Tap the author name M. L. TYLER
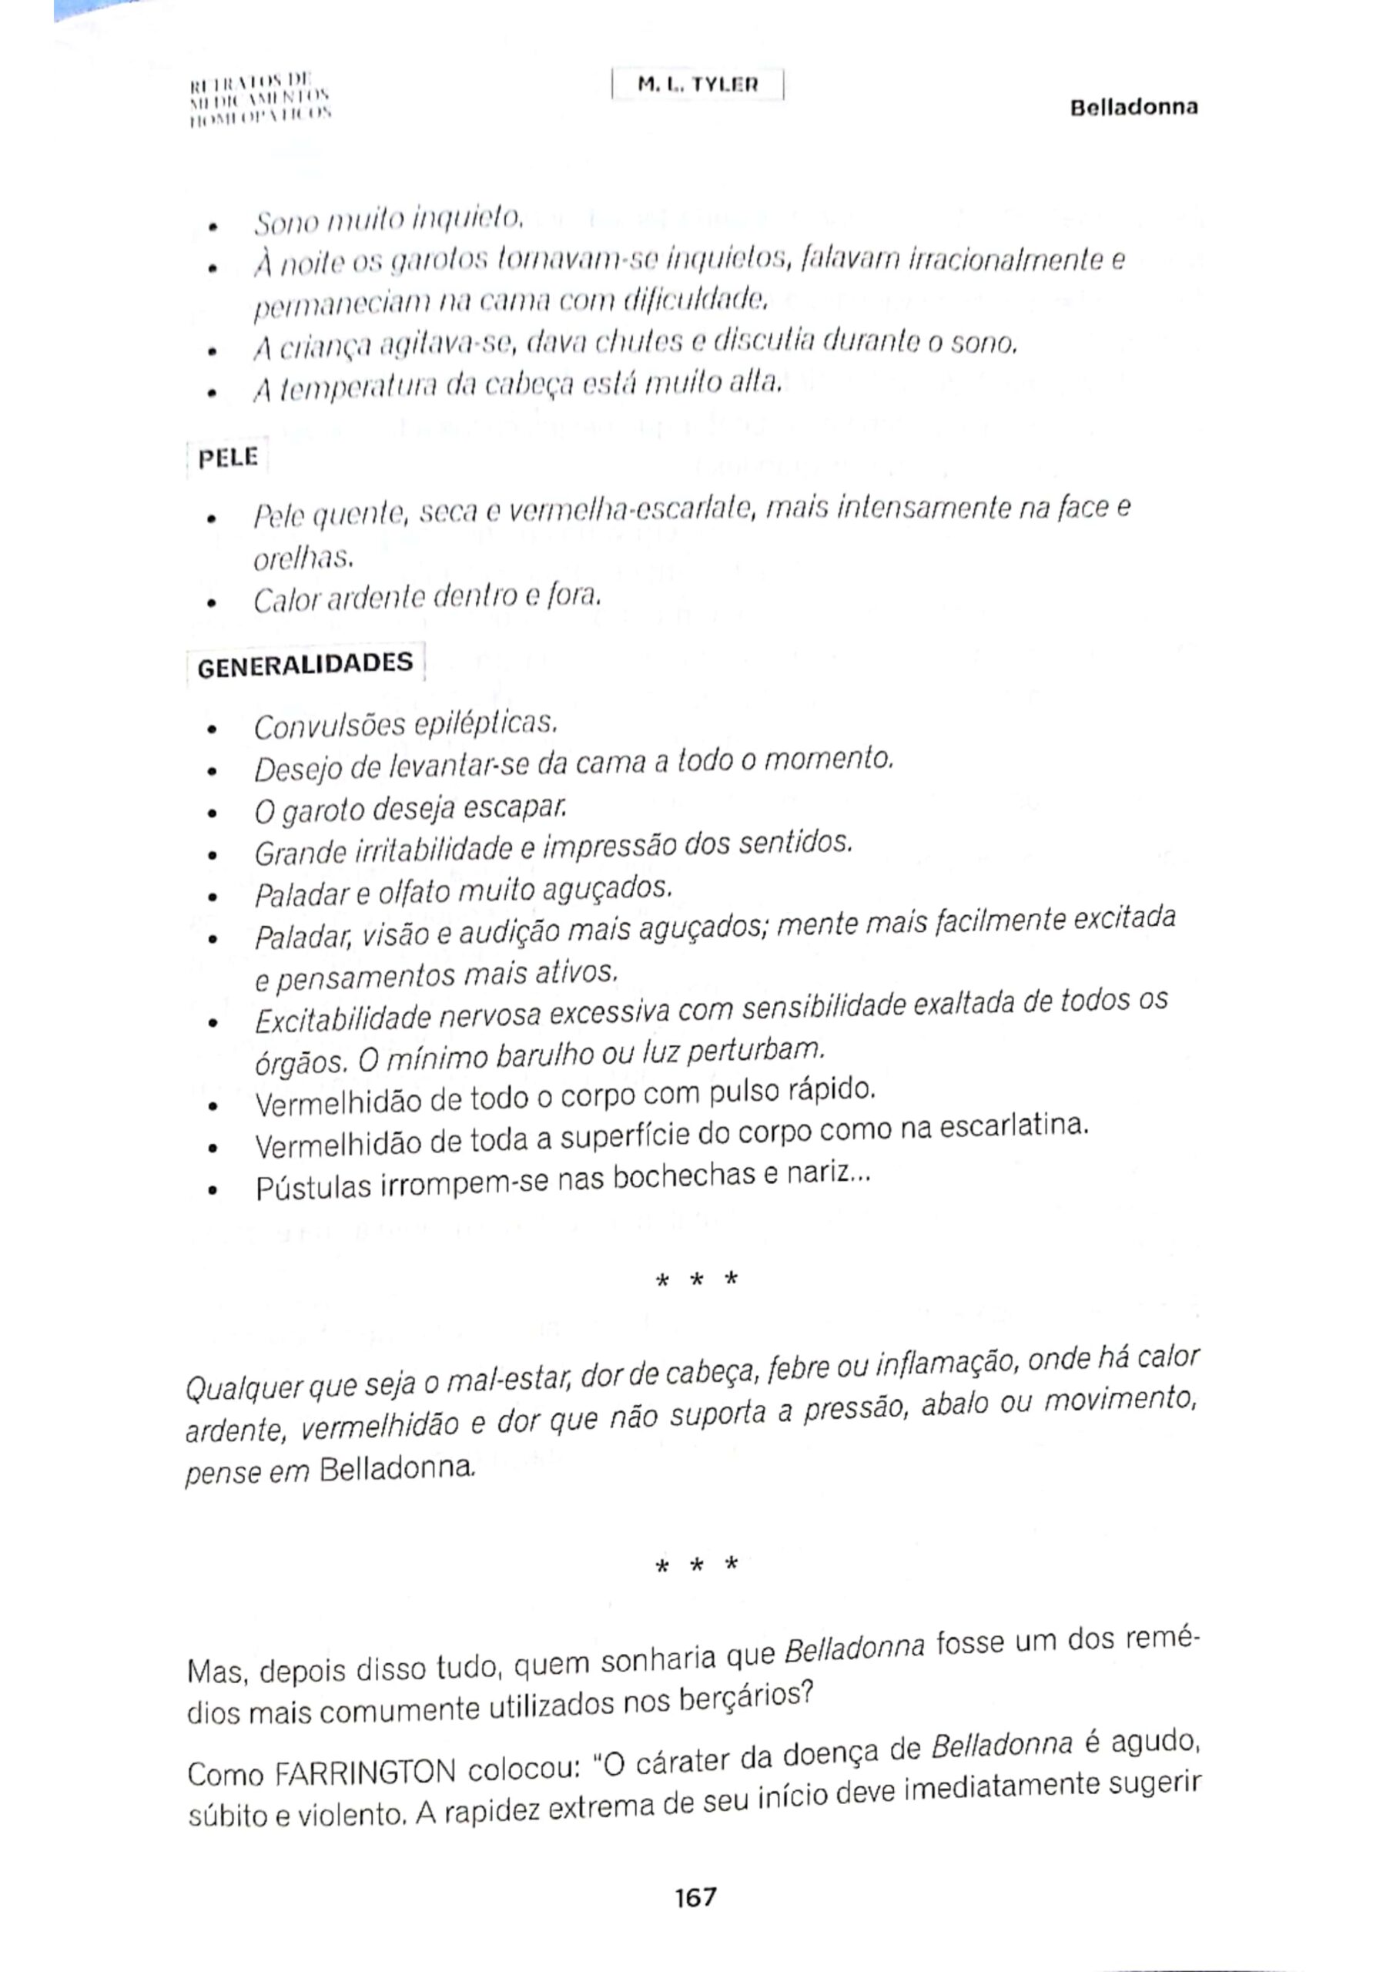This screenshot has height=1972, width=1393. coord(698,85)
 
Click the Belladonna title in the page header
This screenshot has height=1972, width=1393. coord(1133,107)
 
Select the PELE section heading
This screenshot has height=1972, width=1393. coord(228,457)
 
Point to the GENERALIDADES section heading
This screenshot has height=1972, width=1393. coord(305,665)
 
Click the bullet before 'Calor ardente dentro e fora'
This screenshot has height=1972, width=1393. coord(211,602)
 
